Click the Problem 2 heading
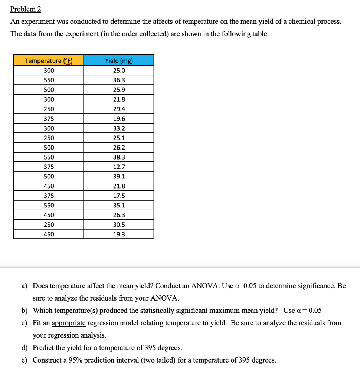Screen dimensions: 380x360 pyautogui.click(x=26, y=9)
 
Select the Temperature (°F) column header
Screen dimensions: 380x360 pyautogui.click(x=48, y=61)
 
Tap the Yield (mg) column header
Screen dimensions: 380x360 pyautogui.click(x=119, y=61)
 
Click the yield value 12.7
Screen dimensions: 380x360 pyautogui.click(x=119, y=167)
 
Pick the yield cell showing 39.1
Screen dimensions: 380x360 pyautogui.click(x=119, y=177)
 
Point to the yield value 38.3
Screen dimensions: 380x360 pyautogui.click(x=119, y=157)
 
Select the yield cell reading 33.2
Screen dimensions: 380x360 pyautogui.click(x=119, y=128)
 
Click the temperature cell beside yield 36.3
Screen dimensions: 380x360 pyautogui.click(x=49, y=80)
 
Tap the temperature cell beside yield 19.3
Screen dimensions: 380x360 pyautogui.click(x=49, y=235)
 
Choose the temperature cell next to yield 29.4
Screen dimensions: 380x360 pyautogui.click(x=49, y=109)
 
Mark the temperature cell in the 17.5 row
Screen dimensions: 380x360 pyautogui.click(x=49, y=196)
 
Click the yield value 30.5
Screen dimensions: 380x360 pyautogui.click(x=119, y=225)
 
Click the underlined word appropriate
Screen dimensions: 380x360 pyautogui.click(x=69, y=323)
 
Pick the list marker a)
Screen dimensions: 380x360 pyautogui.click(x=24, y=286)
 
